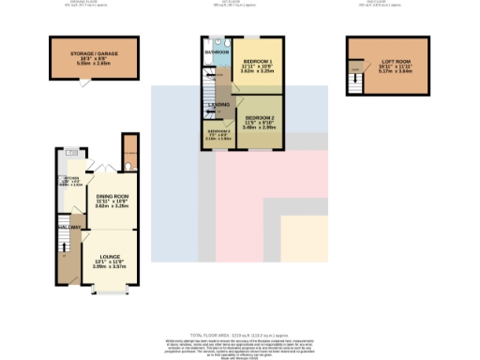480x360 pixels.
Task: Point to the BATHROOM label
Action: pyautogui.click(x=217, y=53)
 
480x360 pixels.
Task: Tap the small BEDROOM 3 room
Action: pyautogui.click(x=218, y=135)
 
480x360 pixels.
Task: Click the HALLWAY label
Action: pyautogui.click(x=68, y=226)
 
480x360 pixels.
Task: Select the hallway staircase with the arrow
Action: pyautogui.click(x=64, y=248)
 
